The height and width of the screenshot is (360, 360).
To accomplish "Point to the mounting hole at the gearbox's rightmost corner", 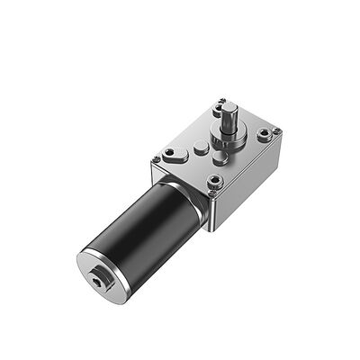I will pos(263,135).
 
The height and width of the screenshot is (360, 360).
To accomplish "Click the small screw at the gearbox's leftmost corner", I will pos(156,160).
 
